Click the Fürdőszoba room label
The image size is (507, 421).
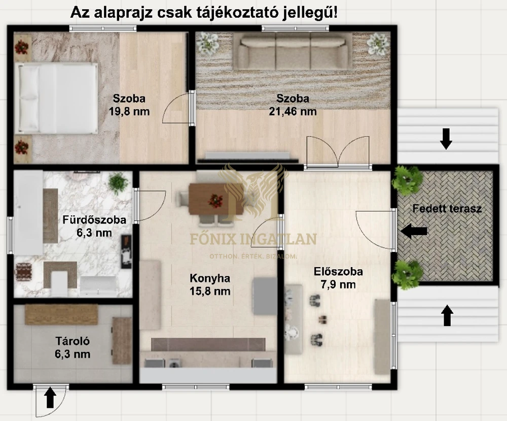[94, 220]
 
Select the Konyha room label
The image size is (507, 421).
[210, 278]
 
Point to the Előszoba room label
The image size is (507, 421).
[338, 272]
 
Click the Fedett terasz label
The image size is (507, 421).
[447, 209]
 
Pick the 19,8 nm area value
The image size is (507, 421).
[129, 111]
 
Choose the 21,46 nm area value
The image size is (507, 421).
[293, 111]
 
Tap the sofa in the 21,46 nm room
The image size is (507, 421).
[293, 51]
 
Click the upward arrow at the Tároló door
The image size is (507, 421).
[50, 398]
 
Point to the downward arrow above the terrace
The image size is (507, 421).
[446, 139]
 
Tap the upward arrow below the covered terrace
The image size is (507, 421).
[447, 315]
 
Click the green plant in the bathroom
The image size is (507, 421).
[118, 181]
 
